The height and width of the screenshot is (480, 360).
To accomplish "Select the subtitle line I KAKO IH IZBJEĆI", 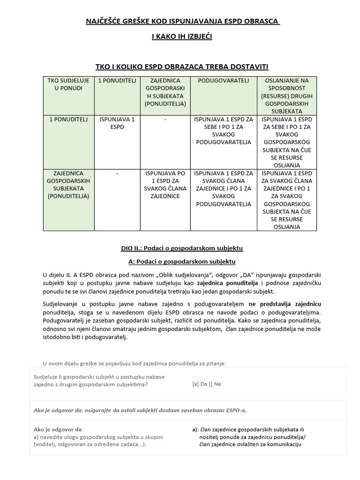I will coord(182,36).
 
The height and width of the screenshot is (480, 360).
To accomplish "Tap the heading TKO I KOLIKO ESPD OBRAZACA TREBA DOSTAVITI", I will coord(182,67).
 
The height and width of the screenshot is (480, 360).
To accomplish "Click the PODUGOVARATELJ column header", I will coord(224,81).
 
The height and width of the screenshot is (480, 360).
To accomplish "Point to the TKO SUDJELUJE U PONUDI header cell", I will coord(68,84).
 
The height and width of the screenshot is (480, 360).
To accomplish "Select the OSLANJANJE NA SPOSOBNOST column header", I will coord(287,96).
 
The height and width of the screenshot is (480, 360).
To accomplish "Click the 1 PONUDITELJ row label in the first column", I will coord(68,120).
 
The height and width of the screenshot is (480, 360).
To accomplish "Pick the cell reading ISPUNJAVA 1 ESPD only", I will coord(117,123).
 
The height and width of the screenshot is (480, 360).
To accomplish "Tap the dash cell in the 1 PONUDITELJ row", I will coord(165,120).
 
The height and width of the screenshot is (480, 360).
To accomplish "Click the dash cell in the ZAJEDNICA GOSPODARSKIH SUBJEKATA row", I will coord(117,173).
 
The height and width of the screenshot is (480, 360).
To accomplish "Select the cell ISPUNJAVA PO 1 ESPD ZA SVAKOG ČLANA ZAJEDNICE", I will coord(165,185).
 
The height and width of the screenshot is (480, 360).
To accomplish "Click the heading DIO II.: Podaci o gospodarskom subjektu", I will coord(182,248).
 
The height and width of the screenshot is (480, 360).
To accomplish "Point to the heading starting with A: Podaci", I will coord(182,261).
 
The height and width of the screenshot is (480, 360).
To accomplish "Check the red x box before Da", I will coord(195,384).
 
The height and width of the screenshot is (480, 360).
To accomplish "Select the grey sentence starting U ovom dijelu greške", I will coord(135,363).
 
